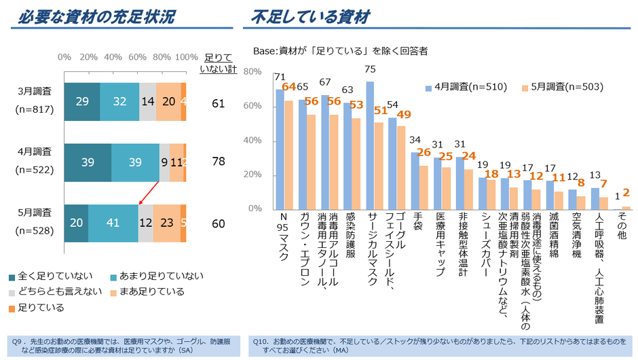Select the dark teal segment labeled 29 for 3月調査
(x=82, y=101)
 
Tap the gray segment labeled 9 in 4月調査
(x=165, y=163)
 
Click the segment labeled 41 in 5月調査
(x=113, y=223)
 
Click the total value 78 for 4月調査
(x=218, y=162)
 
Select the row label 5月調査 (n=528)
(x=35, y=223)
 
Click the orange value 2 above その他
(x=626, y=193)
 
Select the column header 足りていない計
(x=218, y=63)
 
